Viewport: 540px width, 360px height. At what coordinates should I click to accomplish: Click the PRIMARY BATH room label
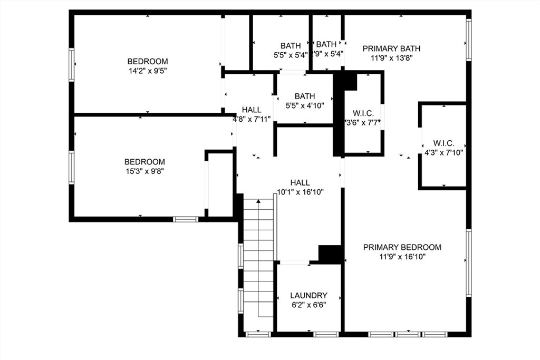click(391, 48)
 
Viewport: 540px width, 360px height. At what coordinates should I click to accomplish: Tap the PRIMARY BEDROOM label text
click(402, 247)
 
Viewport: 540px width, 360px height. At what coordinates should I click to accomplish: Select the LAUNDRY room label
click(308, 295)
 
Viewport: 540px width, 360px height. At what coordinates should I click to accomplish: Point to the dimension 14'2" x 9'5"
click(148, 71)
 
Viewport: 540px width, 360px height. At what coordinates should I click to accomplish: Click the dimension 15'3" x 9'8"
click(144, 171)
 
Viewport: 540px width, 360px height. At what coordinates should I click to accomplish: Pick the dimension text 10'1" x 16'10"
click(300, 192)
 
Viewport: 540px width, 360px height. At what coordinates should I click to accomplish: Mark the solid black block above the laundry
click(330, 255)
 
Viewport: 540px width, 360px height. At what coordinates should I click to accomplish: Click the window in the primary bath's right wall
click(469, 40)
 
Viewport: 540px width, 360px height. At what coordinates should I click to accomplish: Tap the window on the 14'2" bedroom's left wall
click(72, 65)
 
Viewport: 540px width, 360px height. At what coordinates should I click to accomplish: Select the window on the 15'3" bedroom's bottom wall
click(186, 219)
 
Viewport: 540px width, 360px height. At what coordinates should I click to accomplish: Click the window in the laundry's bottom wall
click(326, 334)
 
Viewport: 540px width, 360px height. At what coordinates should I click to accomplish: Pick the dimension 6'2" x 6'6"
click(308, 305)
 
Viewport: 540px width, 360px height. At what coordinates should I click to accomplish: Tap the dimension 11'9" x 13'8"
click(392, 58)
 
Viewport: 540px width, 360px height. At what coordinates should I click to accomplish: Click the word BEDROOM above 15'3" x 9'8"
click(144, 162)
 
